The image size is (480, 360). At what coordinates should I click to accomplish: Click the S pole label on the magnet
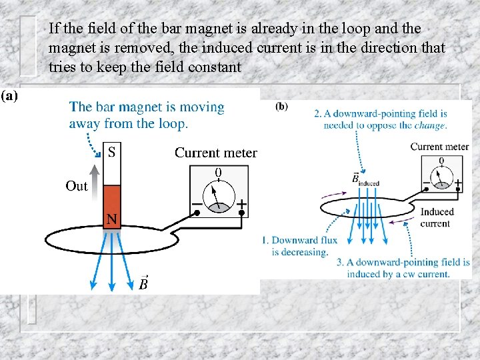(111, 152)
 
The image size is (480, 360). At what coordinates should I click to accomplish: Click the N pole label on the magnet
(112, 218)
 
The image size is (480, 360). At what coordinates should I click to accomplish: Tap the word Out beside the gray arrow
(77, 186)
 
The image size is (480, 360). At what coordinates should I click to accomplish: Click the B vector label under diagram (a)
(143, 283)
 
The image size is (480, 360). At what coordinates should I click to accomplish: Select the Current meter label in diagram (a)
(215, 153)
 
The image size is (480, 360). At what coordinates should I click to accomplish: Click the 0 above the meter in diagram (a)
(218, 173)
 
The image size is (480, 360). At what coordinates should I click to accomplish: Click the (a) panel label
(10, 95)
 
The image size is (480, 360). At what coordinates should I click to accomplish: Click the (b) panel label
(281, 107)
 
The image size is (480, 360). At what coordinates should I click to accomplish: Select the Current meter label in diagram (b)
(439, 147)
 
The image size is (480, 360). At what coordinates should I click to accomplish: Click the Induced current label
(437, 217)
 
